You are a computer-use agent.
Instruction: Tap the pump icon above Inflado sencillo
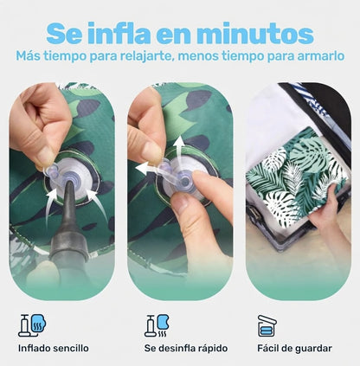pos(32,325)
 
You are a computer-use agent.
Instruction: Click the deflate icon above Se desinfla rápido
pos(157,325)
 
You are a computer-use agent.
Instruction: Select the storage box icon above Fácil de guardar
pos(267,325)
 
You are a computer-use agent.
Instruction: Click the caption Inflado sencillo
pos(54,348)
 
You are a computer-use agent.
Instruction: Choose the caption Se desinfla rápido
pos(186,348)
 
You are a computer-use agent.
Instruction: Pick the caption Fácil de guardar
pos(294,349)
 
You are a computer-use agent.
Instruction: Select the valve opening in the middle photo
pos(185,182)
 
